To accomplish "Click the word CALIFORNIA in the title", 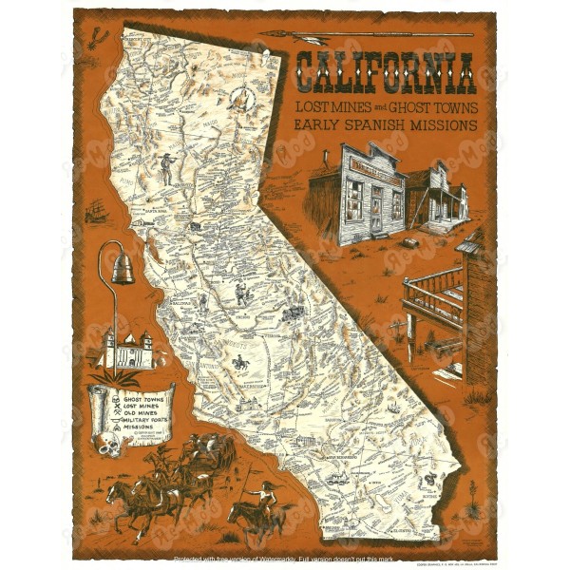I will [384, 71].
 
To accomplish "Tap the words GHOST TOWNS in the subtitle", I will [428, 104].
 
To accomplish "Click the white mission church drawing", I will [131, 347].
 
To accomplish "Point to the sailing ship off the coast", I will [96, 211].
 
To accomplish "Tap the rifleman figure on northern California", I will [168, 169].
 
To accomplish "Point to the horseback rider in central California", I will [241, 362].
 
